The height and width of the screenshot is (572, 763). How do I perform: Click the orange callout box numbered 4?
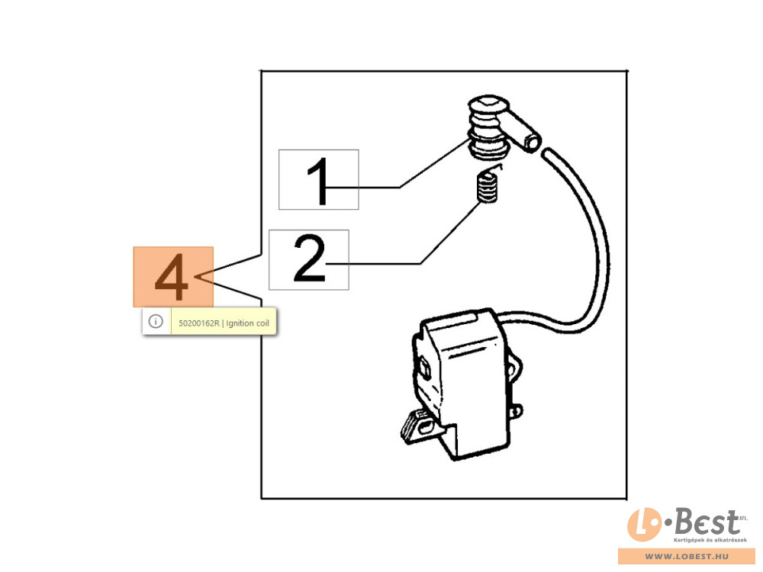point(173,277)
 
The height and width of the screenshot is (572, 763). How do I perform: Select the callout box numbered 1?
point(319,179)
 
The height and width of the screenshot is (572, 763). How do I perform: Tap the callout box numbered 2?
point(309,260)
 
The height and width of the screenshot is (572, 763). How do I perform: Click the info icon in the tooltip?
point(156,322)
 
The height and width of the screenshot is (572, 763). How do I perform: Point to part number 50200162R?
point(199,323)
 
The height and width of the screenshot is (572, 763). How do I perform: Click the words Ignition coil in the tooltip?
point(248,323)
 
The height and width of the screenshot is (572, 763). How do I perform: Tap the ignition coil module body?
point(465,384)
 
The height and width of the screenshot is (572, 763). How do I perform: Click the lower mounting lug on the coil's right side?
point(515,411)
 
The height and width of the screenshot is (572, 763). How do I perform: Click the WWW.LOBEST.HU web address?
point(687,556)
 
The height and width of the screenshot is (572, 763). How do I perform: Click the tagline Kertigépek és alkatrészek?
point(710,540)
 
